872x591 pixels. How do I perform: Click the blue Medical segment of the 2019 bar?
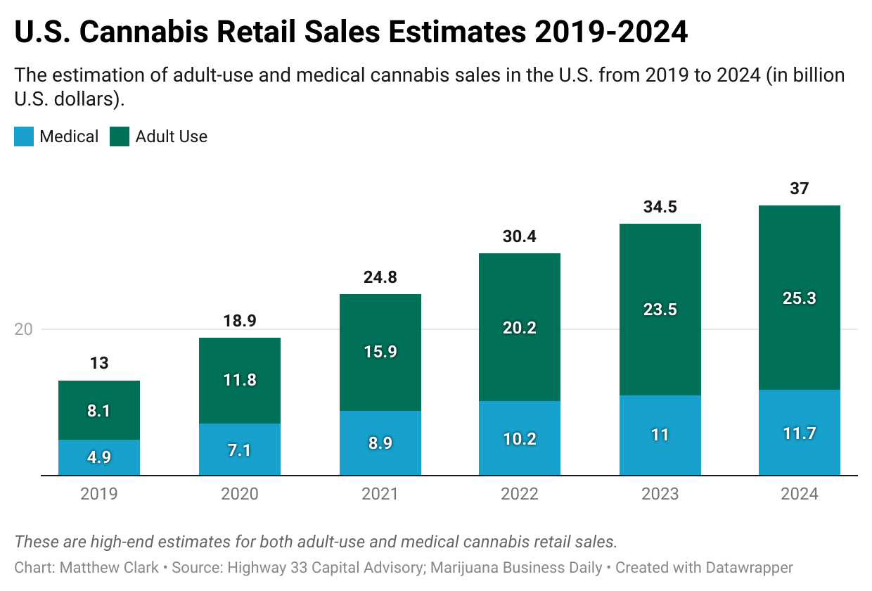click(x=98, y=457)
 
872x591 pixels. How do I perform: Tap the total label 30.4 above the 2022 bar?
click(x=520, y=236)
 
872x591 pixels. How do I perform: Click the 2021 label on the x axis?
click(x=380, y=494)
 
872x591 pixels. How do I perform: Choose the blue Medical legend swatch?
click(x=24, y=136)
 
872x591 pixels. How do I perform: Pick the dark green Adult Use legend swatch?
click(x=120, y=136)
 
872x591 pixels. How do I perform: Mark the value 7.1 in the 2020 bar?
click(x=240, y=449)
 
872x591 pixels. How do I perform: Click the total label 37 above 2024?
click(x=799, y=189)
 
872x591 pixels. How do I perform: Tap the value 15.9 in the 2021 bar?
click(x=380, y=352)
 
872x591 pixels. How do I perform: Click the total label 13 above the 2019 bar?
click(x=99, y=364)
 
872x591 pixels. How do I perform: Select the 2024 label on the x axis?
click(x=799, y=494)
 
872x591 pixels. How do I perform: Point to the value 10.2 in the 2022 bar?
click(x=520, y=439)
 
